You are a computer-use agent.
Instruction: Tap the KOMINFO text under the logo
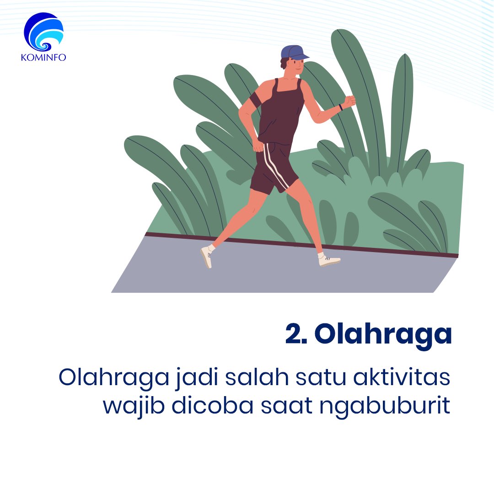43,58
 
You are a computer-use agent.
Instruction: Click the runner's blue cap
293,52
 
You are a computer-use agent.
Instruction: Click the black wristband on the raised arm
340,107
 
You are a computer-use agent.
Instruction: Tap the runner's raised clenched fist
350,101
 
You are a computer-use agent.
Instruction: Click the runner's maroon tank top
280,114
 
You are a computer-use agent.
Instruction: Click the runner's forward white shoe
329,261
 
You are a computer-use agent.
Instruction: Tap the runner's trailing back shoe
206,257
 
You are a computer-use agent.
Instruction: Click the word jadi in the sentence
162,380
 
